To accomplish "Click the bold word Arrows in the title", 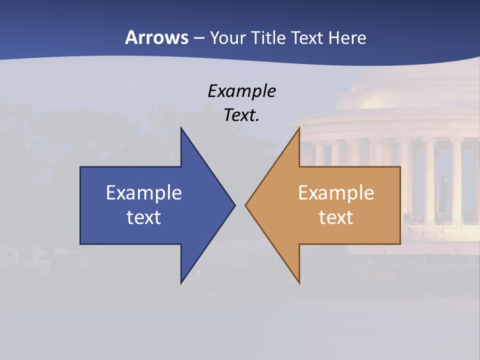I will (156, 37).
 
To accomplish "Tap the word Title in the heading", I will (269, 37).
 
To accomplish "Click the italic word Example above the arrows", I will (242, 91).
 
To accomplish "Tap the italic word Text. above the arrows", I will (242, 115).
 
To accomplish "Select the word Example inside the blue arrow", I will (144, 192).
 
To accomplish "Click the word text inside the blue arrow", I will (144, 217).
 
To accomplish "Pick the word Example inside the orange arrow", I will (336, 192).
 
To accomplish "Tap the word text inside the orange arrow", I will (336, 217).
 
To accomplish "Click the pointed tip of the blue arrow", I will (235, 205).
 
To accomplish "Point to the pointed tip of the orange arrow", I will (245, 205).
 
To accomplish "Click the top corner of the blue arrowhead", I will (181, 127).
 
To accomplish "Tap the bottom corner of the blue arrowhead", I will (181, 283).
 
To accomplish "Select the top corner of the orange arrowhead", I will (299, 127).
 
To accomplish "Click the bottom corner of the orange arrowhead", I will (299, 283).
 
